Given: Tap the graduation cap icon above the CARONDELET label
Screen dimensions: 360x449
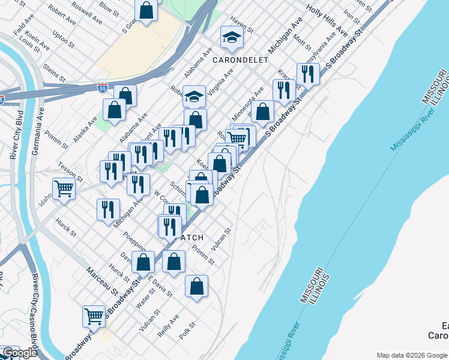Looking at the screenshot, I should tap(232, 38).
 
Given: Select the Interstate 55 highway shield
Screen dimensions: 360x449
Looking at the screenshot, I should tap(103, 88).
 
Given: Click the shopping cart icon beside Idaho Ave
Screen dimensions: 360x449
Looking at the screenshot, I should tap(64, 189).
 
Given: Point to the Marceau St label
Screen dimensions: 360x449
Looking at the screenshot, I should tap(101, 281).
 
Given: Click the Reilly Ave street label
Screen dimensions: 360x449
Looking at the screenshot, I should tap(167, 325).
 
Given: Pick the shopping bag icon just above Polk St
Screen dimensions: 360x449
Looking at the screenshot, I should tap(196, 287).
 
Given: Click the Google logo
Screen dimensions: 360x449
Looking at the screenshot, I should tap(20, 353).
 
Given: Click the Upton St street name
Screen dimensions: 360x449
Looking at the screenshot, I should tap(63, 41).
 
